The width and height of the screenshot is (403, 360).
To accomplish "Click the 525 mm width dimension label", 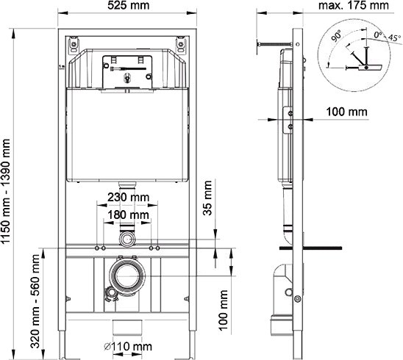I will (129, 7).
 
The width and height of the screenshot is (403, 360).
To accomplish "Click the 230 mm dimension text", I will (129, 197).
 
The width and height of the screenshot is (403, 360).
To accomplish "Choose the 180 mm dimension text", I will (129, 215).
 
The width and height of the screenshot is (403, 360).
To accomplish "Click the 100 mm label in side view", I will (346, 112).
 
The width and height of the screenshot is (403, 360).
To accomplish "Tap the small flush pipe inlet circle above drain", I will (129, 240).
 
